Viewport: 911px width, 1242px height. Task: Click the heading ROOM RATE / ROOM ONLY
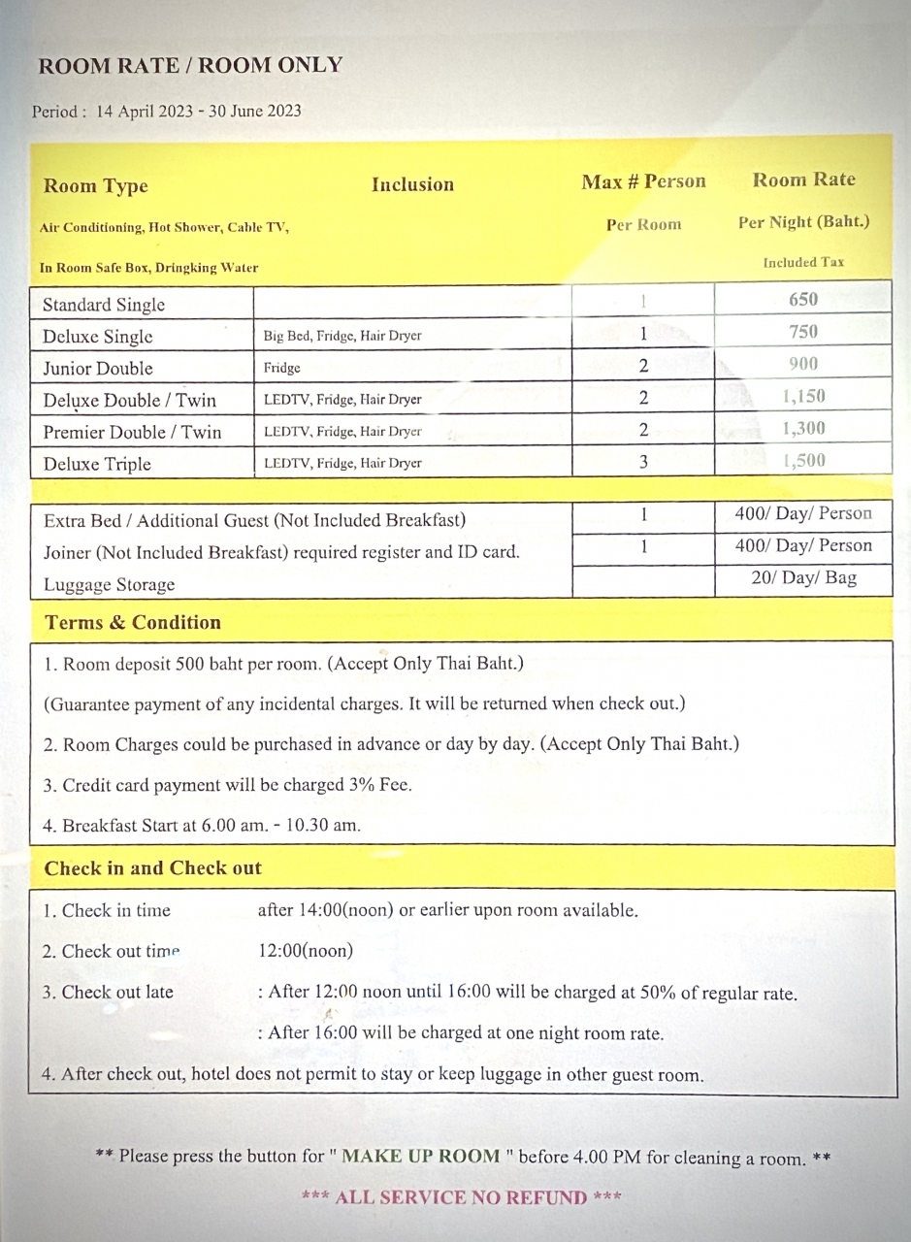pos(190,66)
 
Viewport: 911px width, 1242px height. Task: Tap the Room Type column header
pos(95,186)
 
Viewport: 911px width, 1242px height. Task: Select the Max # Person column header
pos(643,181)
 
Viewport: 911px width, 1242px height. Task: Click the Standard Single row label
pos(104,305)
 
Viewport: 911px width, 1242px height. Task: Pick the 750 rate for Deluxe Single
pos(803,332)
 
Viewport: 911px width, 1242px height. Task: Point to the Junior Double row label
pos(98,369)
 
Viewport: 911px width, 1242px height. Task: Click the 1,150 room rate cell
pos(803,396)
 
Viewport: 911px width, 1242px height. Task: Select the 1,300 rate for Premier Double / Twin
pos(803,428)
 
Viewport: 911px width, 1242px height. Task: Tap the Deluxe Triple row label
pos(97,464)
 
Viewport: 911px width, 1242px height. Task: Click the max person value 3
pos(643,462)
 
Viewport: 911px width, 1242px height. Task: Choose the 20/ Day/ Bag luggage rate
pos(803,579)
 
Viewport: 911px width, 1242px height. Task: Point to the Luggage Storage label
pos(109,585)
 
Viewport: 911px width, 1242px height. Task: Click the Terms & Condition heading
pos(133,623)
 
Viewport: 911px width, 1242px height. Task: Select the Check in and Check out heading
pos(152,868)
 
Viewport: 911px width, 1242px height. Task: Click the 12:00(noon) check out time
pos(306,951)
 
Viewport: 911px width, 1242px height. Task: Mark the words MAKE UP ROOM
pos(421,1157)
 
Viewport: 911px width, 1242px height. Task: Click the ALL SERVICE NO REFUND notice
pos(461,1197)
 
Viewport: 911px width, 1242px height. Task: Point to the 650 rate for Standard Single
pos(803,299)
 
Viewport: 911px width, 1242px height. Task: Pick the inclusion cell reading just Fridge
pos(282,369)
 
